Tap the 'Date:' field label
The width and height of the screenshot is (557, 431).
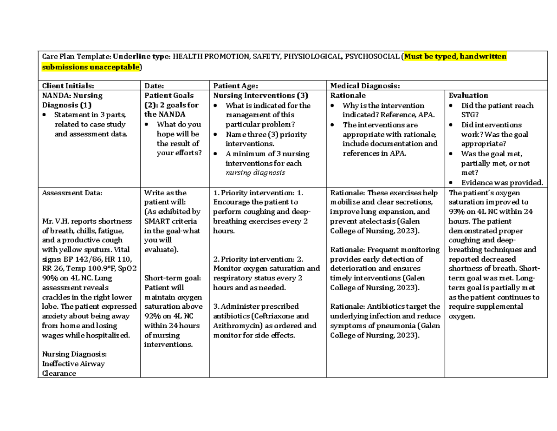pos(154,86)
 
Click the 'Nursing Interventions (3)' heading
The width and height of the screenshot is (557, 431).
pos(254,95)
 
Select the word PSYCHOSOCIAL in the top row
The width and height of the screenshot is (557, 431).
pos(373,57)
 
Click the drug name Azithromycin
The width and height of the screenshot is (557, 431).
pos(234,326)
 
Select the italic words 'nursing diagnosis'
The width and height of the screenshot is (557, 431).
pos(255,172)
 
